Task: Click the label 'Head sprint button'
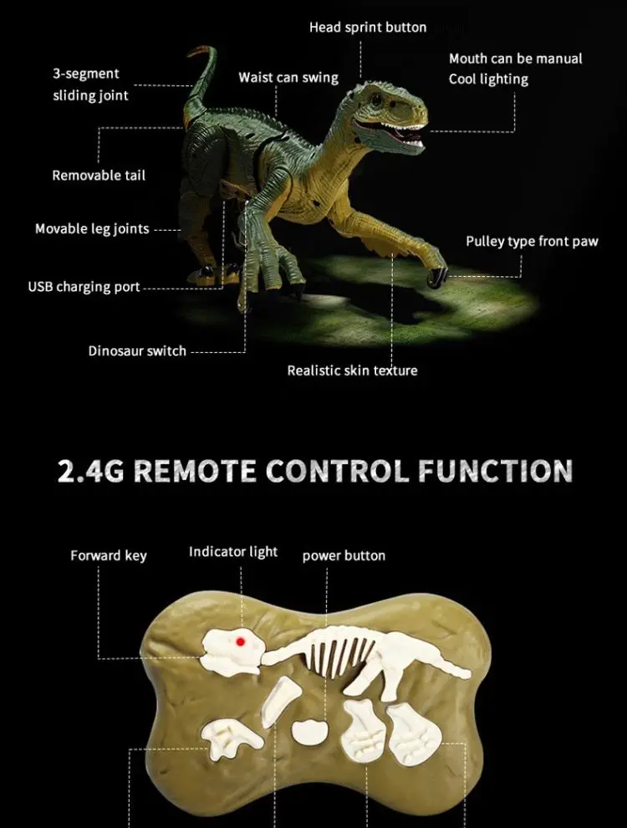[368, 28]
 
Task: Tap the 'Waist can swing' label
[288, 78]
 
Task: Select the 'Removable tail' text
[99, 176]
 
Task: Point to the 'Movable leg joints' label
[92, 228]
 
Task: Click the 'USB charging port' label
[84, 287]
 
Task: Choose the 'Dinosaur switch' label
[137, 350]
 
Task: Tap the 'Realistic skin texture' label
[352, 371]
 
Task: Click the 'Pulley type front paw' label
[532, 242]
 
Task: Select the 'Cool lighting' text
[488, 79]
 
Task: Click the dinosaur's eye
[375, 99]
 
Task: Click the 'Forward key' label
[109, 555]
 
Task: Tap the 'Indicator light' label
[233, 552]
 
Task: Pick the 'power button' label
[344, 555]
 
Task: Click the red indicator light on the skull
[240, 641]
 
